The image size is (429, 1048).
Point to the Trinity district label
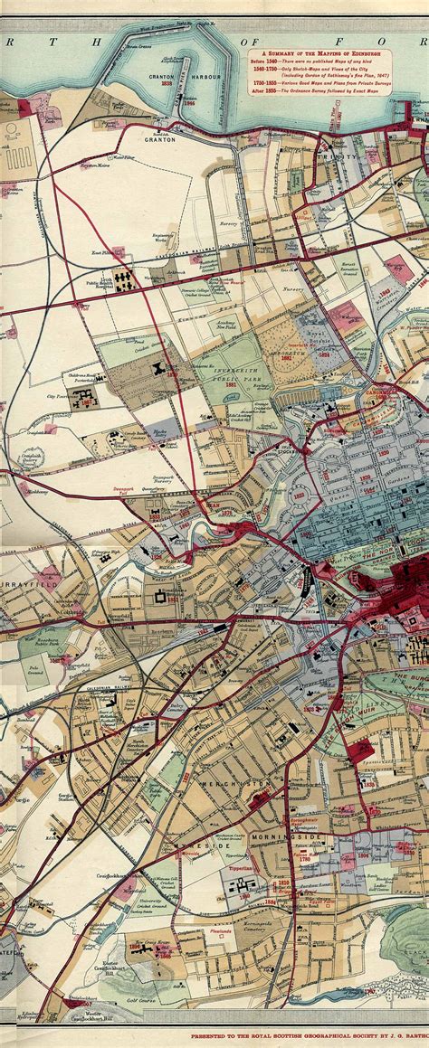(343, 156)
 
